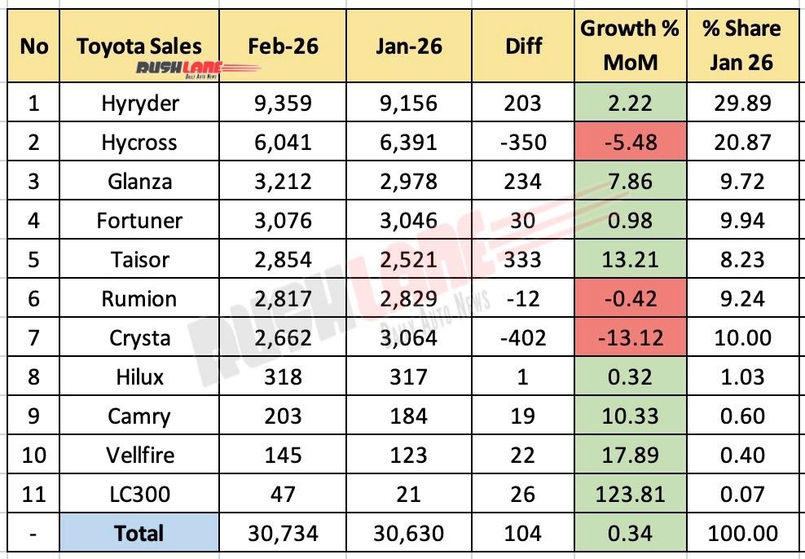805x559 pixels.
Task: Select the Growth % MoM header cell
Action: tap(631, 46)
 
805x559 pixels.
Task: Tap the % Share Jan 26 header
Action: tap(741, 46)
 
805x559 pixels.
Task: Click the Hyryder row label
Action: tap(139, 103)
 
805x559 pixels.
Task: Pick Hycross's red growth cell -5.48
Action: tap(631, 142)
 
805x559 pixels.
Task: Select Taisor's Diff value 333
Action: tap(522, 259)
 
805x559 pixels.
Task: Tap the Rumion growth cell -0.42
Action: tap(631, 298)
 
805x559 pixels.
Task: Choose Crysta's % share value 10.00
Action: tap(741, 337)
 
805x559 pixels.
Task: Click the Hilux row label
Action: tap(139, 376)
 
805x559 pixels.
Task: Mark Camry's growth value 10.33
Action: tap(631, 416)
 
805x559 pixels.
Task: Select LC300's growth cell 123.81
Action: tap(631, 494)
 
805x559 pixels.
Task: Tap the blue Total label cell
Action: tap(139, 534)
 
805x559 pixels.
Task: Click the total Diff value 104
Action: tap(522, 534)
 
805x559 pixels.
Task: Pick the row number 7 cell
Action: tap(33, 337)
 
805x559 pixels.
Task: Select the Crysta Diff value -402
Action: tap(522, 337)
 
